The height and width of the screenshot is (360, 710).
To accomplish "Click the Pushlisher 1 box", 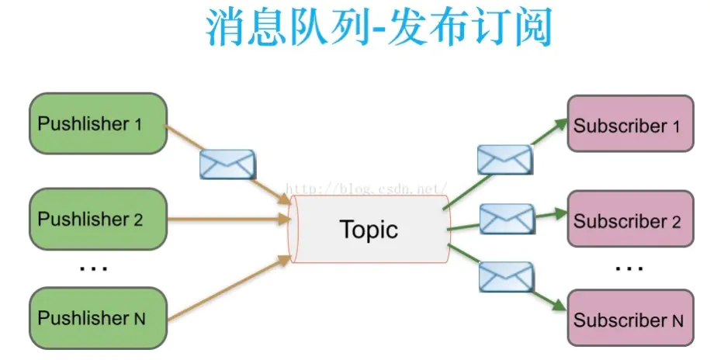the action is (x=98, y=123).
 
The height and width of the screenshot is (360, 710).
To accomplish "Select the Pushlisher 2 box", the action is (x=98, y=219).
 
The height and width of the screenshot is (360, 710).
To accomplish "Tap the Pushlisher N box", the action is (x=98, y=317).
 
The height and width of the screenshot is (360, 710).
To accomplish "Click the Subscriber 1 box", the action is (x=630, y=126).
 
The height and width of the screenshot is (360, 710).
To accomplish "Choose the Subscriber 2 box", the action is (x=630, y=221).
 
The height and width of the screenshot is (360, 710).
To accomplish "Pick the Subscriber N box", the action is (x=630, y=319).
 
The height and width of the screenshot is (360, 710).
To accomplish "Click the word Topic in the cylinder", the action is (x=369, y=229).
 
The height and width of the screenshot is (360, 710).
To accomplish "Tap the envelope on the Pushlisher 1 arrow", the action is (x=227, y=164).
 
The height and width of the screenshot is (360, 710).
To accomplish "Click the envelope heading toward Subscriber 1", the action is (x=504, y=159).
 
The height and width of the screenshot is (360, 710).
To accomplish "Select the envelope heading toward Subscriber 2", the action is (x=507, y=219).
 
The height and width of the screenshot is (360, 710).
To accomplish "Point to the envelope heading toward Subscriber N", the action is (x=506, y=276).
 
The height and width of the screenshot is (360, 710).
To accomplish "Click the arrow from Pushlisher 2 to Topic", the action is (x=225, y=220).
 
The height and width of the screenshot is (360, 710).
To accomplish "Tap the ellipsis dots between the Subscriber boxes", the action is (x=629, y=268).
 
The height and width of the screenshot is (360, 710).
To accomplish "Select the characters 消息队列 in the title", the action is (x=285, y=29).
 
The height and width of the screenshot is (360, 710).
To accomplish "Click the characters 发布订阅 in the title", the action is (x=471, y=29).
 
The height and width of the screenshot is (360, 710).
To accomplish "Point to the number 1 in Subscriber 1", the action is (x=676, y=126).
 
